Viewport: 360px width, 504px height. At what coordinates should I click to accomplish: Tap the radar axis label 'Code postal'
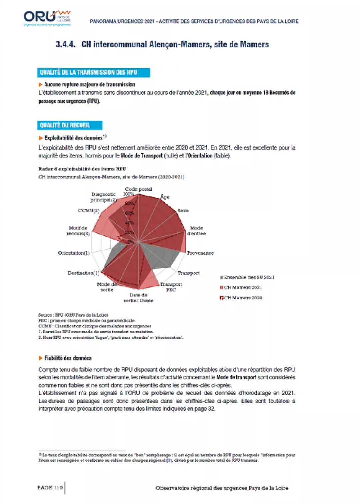click(138, 189)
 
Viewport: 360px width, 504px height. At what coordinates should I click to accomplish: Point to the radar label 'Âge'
click(165, 197)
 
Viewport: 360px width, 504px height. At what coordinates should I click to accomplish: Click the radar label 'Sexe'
click(183, 211)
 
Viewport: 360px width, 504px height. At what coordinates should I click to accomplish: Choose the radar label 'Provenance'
click(200, 253)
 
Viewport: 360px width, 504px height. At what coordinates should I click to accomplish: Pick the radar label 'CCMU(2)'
click(89, 211)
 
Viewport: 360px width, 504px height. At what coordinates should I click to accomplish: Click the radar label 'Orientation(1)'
click(74, 253)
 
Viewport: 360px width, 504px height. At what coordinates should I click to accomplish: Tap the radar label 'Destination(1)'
click(83, 273)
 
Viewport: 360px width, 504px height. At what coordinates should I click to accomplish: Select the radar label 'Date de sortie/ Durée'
click(138, 298)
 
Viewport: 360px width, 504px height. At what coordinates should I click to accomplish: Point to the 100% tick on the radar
click(128, 194)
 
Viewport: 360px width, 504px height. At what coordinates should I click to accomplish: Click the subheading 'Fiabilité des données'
click(68, 358)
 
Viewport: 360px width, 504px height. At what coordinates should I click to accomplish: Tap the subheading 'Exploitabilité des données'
click(73, 138)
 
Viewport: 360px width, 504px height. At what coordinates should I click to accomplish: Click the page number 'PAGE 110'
click(50, 487)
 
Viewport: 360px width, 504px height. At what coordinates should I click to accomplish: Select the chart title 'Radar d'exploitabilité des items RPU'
click(82, 169)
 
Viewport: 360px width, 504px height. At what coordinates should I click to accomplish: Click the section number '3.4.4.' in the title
click(65, 44)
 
